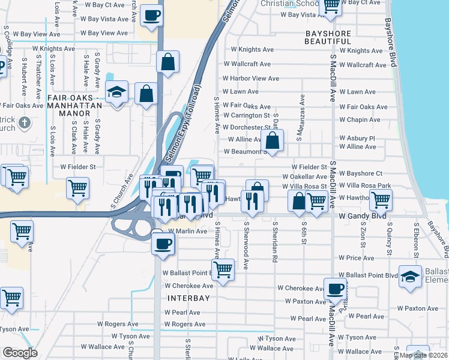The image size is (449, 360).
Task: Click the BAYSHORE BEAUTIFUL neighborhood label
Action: [x=328, y=37]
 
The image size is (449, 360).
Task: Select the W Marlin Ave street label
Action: [x=187, y=231]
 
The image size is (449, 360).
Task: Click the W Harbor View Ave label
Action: [x=250, y=79]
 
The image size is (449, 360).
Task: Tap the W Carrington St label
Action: [x=246, y=115]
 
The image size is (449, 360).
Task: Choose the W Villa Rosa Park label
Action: [x=364, y=185]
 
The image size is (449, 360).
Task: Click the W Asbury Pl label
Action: [x=361, y=138]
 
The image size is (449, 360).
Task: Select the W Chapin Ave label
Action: [x=360, y=119]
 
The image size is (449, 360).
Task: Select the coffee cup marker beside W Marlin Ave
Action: [x=162, y=242]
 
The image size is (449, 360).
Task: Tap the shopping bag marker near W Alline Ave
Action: [x=273, y=140]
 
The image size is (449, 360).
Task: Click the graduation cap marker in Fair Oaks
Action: [x=116, y=92]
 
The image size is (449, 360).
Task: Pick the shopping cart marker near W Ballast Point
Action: [x=223, y=269]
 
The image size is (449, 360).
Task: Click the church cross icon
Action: [x=24, y=124]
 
